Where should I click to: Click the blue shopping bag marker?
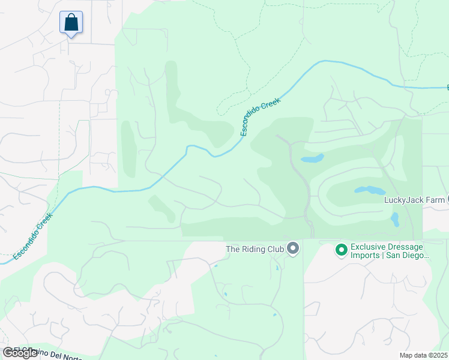click(x=71, y=23)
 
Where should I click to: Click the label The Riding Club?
click(x=255, y=248)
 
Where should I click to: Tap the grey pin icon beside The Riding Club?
click(x=293, y=248)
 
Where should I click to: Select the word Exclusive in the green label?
click(x=367, y=247)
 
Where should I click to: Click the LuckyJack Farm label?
click(x=414, y=200)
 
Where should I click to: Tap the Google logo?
click(x=20, y=353)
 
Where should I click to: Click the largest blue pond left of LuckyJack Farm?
click(x=370, y=190)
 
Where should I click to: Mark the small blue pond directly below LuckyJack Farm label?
click(x=394, y=219)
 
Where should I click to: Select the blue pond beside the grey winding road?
click(x=312, y=159)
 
